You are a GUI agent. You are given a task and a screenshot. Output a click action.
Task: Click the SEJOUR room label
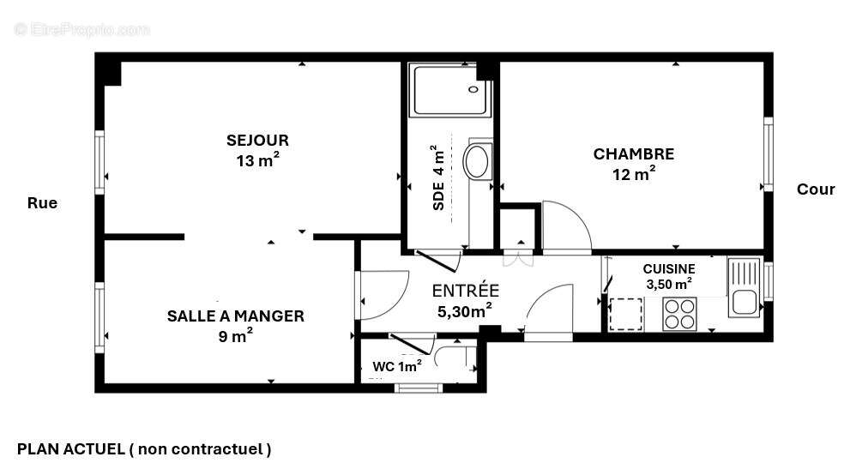(257, 140)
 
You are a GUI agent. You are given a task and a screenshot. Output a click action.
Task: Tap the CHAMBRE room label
(633, 154)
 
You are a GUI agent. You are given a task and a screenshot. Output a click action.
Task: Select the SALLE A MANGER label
(235, 316)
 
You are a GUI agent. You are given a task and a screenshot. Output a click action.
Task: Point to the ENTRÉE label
(465, 290)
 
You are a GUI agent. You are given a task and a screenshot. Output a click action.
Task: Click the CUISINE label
(668, 268)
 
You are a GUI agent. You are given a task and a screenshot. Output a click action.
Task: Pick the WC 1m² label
(396, 366)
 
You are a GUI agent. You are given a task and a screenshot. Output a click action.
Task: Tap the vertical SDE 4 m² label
(438, 177)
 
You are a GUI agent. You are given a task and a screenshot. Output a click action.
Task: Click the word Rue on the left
(42, 203)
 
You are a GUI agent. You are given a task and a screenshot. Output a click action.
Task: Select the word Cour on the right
(815, 189)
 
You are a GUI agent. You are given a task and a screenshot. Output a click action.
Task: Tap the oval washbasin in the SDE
(476, 160)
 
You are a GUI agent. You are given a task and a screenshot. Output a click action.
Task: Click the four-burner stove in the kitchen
(679, 314)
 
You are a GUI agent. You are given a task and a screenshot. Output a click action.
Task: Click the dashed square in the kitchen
(625, 313)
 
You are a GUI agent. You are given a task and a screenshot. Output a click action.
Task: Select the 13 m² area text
(257, 160)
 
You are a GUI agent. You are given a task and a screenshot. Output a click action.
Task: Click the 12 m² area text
(634, 175)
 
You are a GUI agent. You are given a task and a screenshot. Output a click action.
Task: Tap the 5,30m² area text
(465, 311)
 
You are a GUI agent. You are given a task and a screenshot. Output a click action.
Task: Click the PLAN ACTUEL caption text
(144, 448)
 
